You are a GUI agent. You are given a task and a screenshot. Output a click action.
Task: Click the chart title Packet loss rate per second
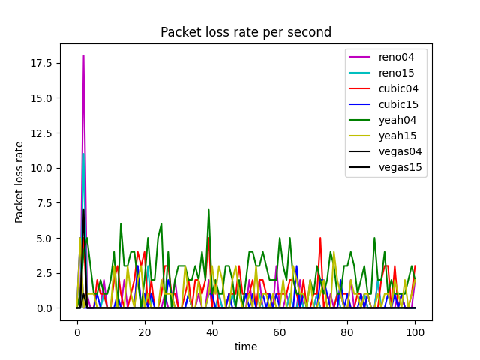(x=246, y=32)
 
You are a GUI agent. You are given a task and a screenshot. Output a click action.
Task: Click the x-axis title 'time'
(x=246, y=346)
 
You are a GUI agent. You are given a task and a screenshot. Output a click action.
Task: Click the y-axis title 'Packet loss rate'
(x=19, y=182)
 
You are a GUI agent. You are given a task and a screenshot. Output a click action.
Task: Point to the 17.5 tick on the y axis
(x=41, y=63)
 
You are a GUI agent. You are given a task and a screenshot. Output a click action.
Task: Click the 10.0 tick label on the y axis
(x=41, y=168)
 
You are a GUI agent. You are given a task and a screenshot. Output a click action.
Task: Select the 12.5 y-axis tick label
(x=41, y=133)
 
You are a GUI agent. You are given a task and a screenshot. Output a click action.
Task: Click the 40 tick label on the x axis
(x=212, y=331)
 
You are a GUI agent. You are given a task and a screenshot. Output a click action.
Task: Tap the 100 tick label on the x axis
(x=415, y=331)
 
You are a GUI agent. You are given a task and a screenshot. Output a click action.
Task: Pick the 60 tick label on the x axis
(x=280, y=331)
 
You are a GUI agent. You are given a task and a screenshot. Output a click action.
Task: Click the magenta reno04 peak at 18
(x=83, y=55)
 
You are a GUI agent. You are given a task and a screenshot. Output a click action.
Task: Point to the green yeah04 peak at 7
(x=208, y=210)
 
